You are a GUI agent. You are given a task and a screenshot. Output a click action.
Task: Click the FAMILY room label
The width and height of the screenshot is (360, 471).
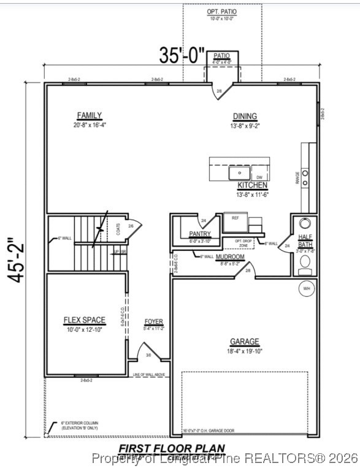tap(90, 116)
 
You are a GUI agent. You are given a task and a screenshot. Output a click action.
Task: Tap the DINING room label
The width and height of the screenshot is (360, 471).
tap(245, 117)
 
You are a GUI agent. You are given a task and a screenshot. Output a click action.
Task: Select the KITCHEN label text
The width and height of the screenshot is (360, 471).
tap(253, 185)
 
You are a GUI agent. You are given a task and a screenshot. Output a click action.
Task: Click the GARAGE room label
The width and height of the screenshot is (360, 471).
tap(245, 342)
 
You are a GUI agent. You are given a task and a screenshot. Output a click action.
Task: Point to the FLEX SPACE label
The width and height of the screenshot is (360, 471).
tap(85, 320)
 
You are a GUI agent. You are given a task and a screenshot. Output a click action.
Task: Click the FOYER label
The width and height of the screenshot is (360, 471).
tap(154, 321)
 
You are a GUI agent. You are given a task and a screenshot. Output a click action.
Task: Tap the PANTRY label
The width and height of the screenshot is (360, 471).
tap(200, 234)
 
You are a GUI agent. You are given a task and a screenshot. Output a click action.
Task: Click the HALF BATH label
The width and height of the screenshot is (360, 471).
tap(305, 240)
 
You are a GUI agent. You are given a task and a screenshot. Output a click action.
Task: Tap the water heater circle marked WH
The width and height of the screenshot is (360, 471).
tap(305, 288)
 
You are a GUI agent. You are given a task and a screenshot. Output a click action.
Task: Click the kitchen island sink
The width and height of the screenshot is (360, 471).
tap(236, 174)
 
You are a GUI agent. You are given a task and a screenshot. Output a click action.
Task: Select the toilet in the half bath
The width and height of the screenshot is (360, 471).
tap(305, 264)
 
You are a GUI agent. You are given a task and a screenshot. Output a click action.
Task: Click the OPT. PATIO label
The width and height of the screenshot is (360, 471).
tap(222, 12)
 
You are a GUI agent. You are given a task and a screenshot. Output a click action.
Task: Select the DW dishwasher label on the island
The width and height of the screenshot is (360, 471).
tap(259, 177)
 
